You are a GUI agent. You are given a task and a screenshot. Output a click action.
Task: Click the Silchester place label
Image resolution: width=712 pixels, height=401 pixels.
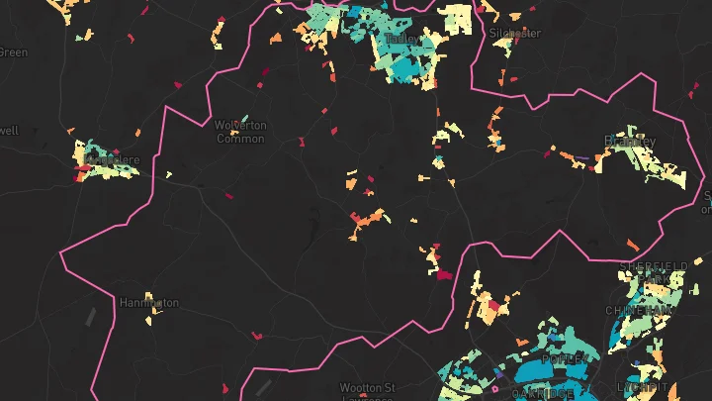515,33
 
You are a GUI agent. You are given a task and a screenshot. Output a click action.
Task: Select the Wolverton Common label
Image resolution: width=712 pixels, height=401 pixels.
240,132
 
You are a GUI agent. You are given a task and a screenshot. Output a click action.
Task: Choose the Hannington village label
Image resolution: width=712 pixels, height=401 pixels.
149,302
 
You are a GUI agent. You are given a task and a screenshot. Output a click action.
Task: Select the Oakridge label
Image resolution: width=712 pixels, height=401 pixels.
542,393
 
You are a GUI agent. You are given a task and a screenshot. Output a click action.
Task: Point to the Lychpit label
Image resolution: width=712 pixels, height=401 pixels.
638,386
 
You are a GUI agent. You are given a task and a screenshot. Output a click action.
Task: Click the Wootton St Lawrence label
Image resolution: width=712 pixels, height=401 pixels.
367,392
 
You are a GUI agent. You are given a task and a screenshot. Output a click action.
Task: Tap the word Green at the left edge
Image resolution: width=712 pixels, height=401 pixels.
13,52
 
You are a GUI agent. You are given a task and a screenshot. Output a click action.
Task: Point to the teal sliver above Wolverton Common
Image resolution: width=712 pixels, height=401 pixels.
232,103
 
